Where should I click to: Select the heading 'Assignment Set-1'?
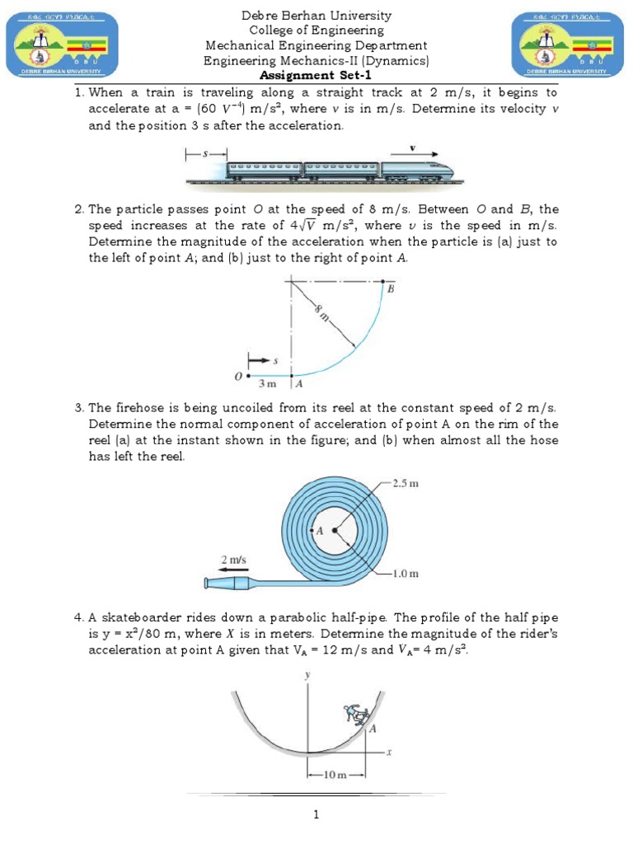coord(316,76)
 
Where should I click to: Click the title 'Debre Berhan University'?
coord(316,16)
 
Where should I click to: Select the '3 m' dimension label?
coord(267,384)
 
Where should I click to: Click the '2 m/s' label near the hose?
coord(232,559)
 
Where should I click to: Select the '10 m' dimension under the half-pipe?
coord(335,776)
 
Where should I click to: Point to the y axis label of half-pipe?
coord(308,675)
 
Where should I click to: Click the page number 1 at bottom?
coord(316,815)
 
